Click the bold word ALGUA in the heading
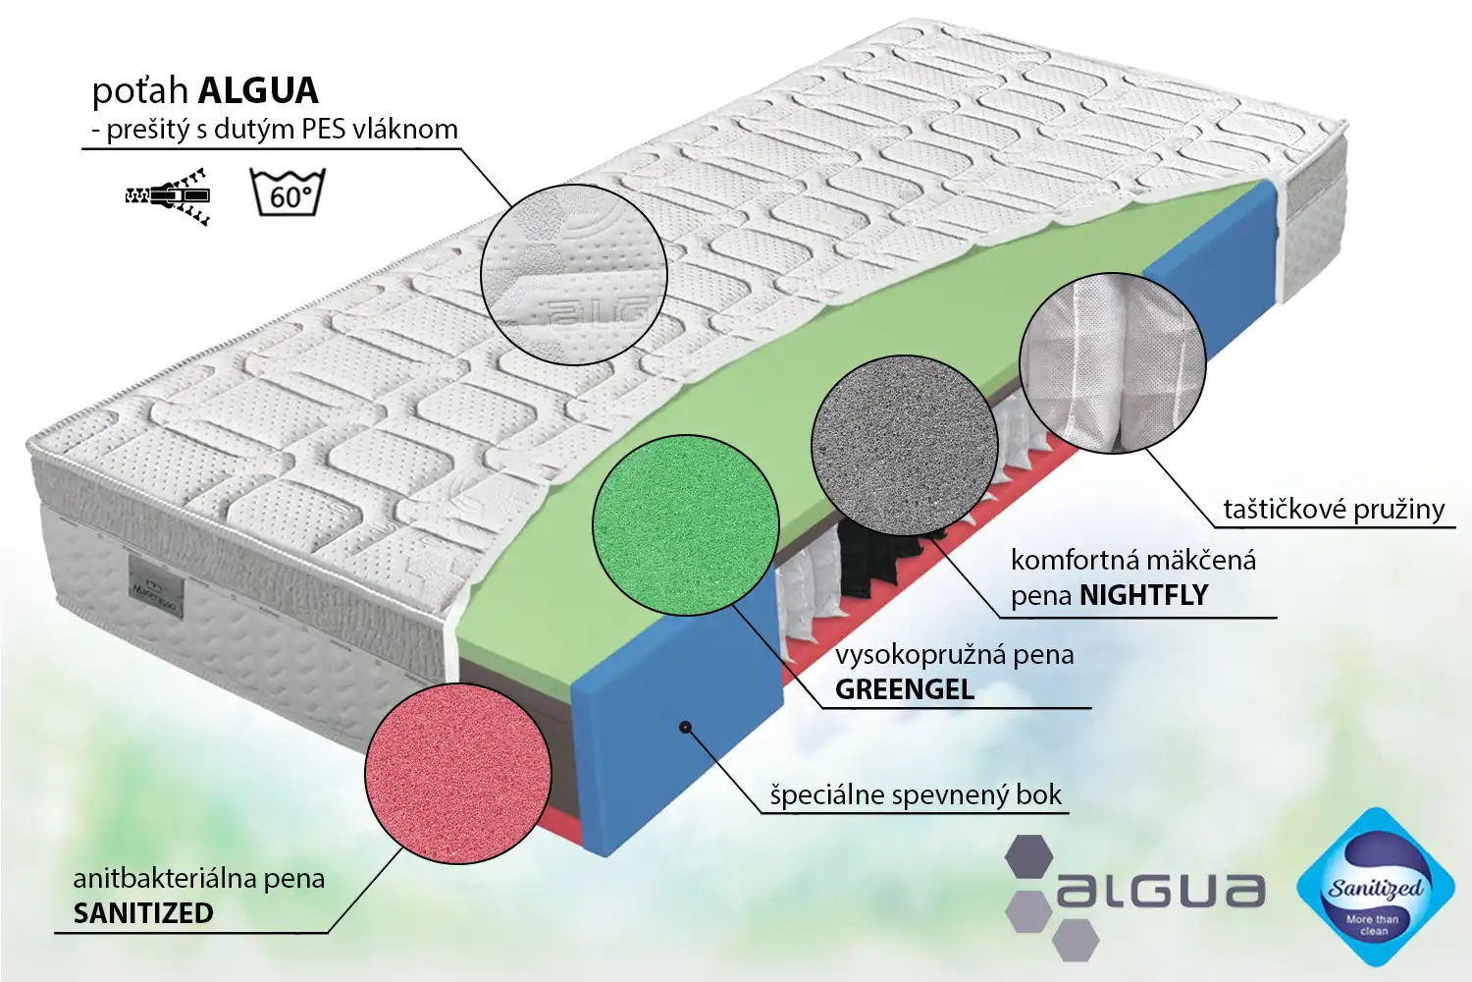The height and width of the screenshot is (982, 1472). pyautogui.click(x=258, y=90)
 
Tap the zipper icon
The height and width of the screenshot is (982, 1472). pyautogui.click(x=169, y=195)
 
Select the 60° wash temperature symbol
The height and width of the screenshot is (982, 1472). pyautogui.click(x=288, y=192)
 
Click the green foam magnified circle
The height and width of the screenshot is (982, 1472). pyautogui.click(x=685, y=525)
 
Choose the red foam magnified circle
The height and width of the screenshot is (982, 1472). pyautogui.click(x=457, y=774)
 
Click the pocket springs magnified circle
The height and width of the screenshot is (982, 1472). pyautogui.click(x=1113, y=362)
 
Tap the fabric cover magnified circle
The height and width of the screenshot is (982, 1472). pyautogui.click(x=574, y=274)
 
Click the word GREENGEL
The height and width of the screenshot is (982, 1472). pyautogui.click(x=904, y=689)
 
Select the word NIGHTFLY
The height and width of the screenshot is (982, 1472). pyautogui.click(x=1143, y=595)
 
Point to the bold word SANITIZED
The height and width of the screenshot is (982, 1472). pyautogui.click(x=143, y=913)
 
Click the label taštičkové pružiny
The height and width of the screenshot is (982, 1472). pyautogui.click(x=1333, y=509)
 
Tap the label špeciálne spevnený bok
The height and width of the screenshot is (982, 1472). pyautogui.click(x=915, y=794)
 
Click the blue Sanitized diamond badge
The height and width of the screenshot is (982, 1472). pyautogui.click(x=1374, y=888)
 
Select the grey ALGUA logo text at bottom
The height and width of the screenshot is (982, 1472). pyautogui.click(x=1160, y=890)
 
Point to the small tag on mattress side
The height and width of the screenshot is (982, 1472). pyautogui.click(x=155, y=586)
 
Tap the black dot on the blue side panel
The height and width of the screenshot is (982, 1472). pyautogui.click(x=685, y=727)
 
